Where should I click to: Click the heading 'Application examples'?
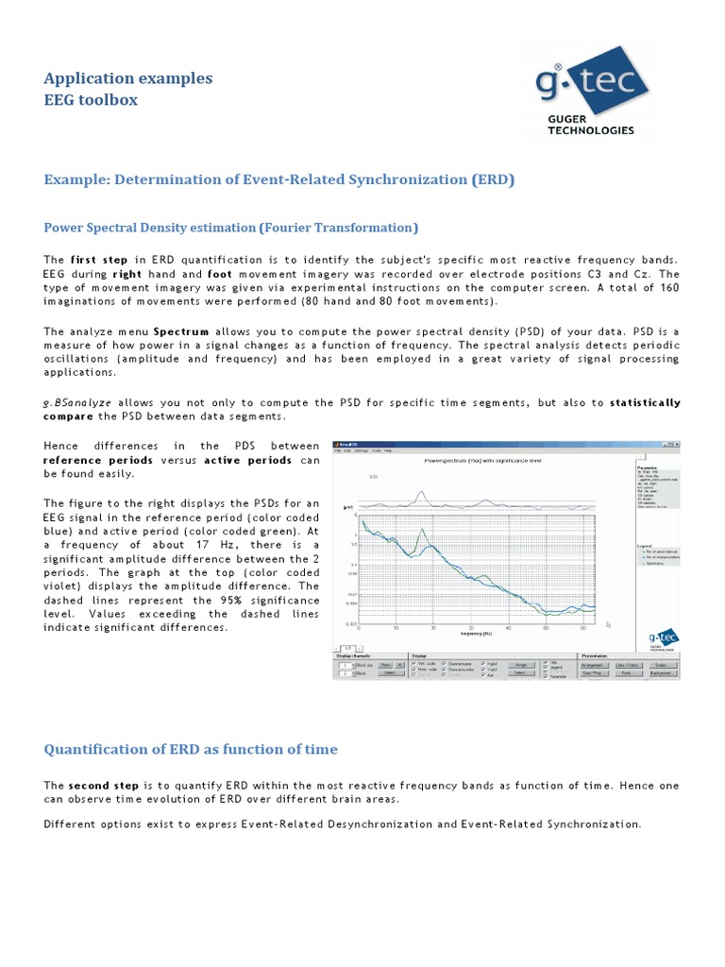click(x=128, y=78)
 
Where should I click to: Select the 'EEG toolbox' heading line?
click(x=91, y=99)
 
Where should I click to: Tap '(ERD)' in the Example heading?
click(x=493, y=178)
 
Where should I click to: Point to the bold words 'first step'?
click(x=99, y=259)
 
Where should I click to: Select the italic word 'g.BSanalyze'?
click(x=77, y=402)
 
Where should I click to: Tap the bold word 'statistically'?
click(x=645, y=402)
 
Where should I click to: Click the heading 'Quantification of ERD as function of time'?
click(x=190, y=749)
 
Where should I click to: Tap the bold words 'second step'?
click(x=104, y=786)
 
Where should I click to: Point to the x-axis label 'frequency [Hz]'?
click(x=475, y=634)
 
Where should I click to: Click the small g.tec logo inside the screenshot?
click(x=663, y=639)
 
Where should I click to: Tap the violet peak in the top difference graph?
click(x=424, y=492)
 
